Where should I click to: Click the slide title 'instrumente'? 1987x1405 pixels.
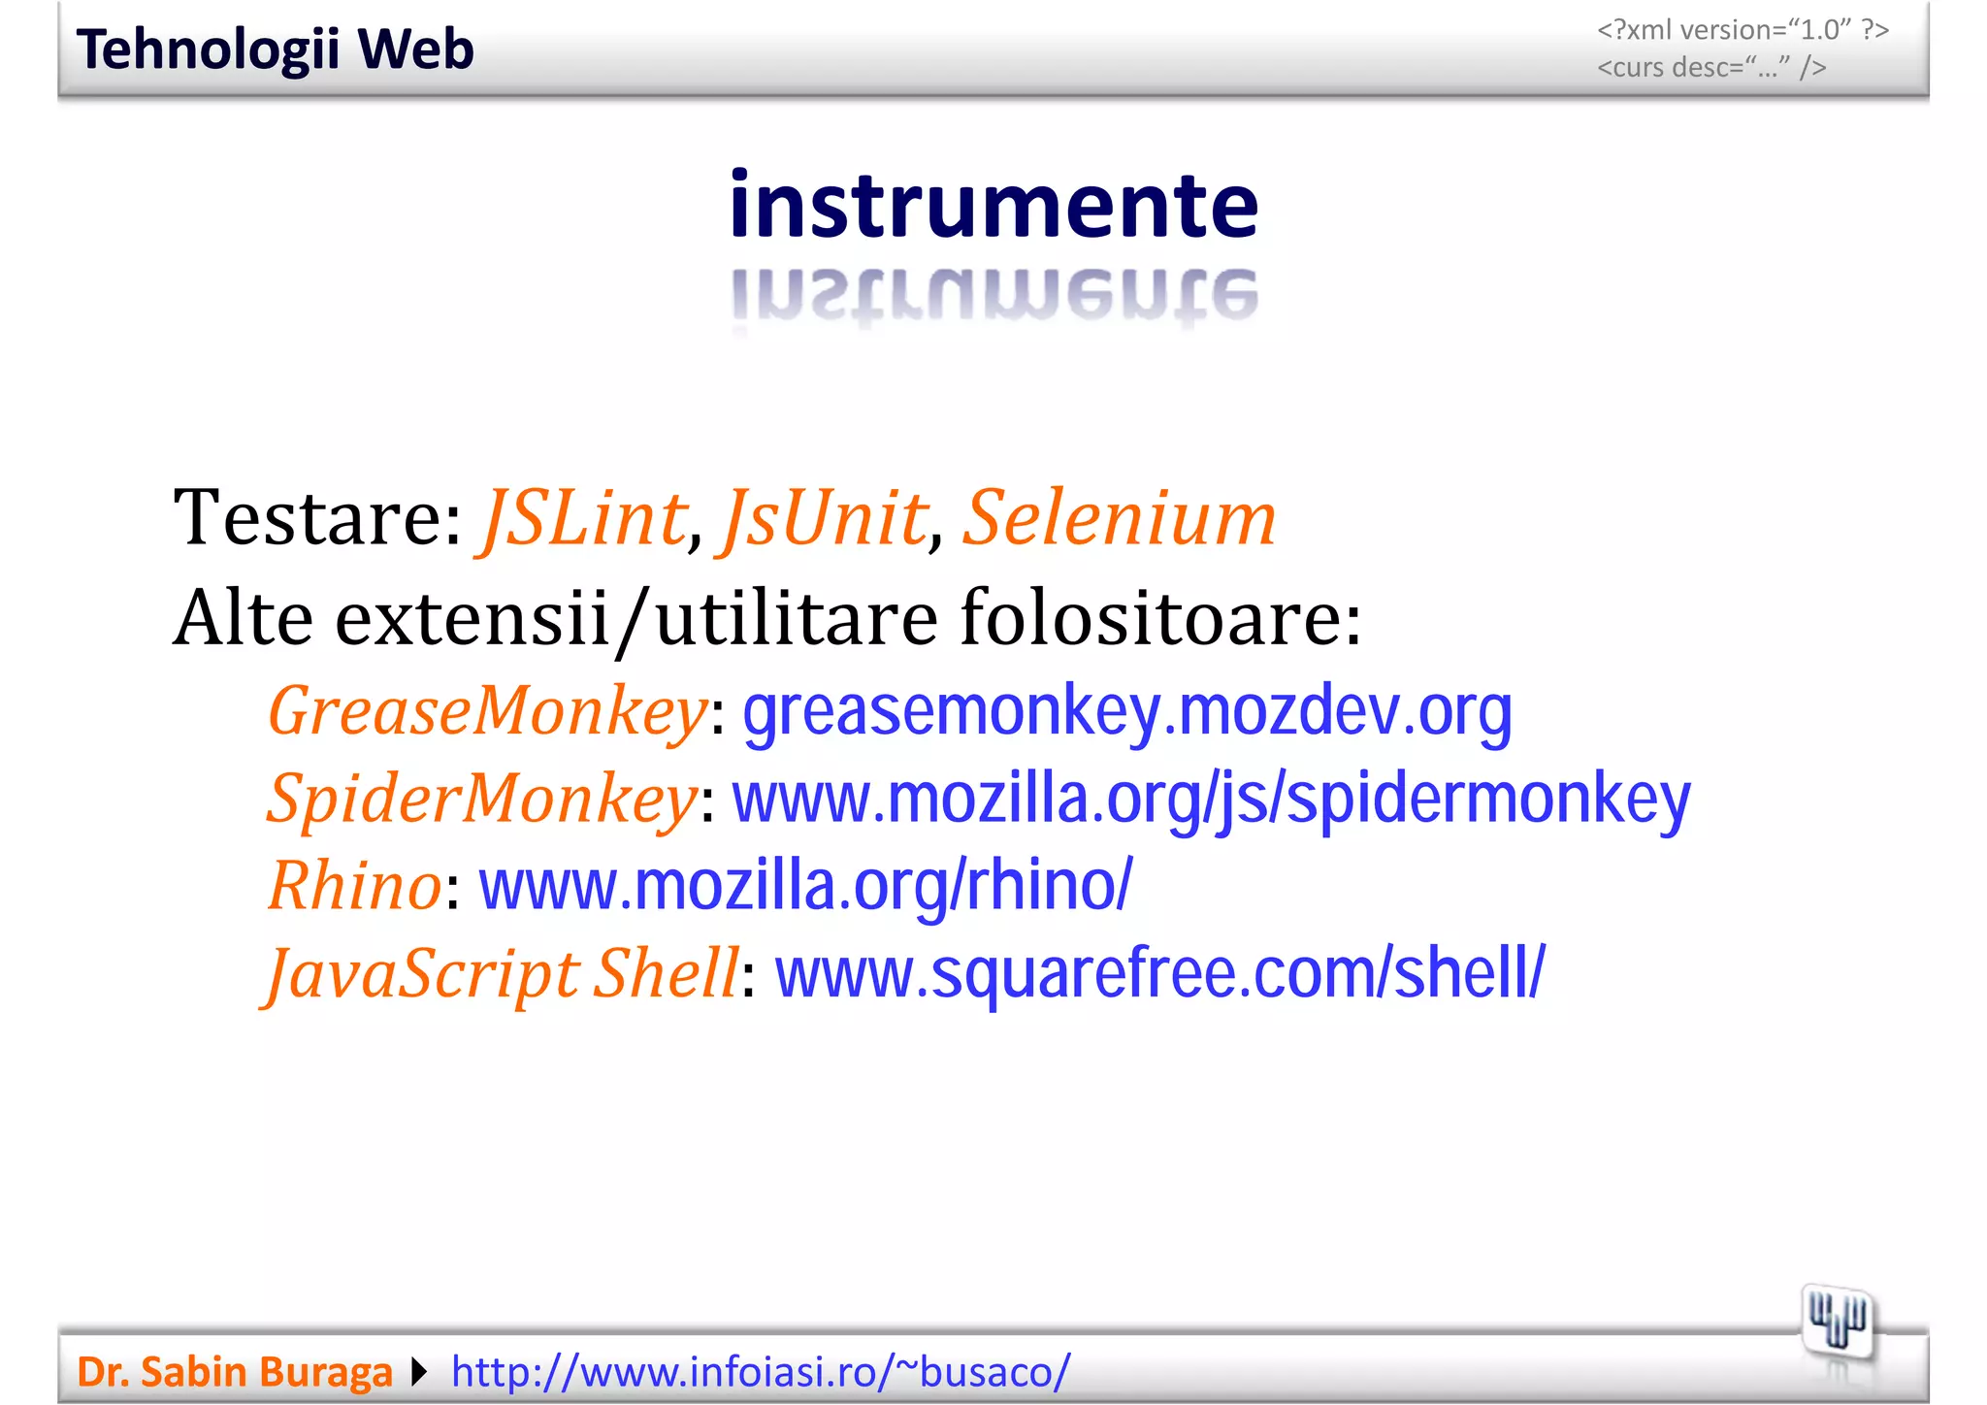point(993,206)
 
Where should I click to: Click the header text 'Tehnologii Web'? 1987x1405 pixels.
point(275,49)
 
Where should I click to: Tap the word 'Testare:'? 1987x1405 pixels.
point(318,517)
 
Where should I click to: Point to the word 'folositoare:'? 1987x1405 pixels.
point(1160,617)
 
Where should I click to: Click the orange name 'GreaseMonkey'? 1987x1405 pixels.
point(488,711)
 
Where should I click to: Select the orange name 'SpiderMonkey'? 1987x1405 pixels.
point(482,799)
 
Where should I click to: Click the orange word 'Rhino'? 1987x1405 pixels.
point(355,886)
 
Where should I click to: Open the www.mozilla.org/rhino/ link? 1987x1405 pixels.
point(805,886)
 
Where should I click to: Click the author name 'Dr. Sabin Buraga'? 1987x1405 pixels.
point(235,1372)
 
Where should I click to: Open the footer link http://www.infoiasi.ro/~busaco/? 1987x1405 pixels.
point(761,1372)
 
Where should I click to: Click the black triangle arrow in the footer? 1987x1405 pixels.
point(419,1372)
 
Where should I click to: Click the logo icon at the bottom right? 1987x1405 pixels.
point(1838,1322)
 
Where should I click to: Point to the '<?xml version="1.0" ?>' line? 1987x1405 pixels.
point(1743,30)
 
